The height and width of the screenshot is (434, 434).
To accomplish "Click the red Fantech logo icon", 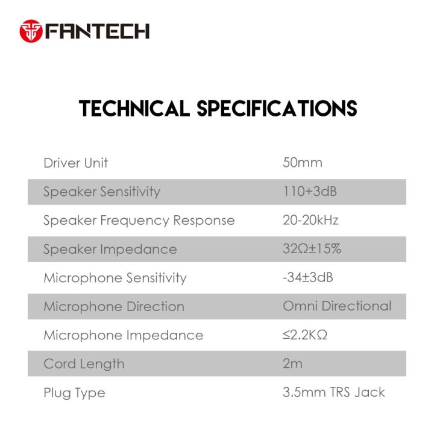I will [x=31, y=31].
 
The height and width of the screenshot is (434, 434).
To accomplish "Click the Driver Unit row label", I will [x=76, y=163].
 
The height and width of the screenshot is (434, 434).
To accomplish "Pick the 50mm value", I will [x=303, y=163].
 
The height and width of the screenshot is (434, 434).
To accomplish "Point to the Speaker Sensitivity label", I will [x=102, y=192].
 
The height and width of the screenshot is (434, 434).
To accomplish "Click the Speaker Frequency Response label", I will [x=139, y=220].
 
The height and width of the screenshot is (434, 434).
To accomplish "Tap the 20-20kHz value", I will [x=310, y=220].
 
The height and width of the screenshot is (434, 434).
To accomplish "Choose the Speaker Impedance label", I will [x=110, y=249].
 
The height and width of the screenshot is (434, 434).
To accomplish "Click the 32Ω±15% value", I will [x=312, y=249].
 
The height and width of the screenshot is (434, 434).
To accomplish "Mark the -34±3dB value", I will [x=309, y=278].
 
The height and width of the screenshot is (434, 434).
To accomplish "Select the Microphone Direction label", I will [x=114, y=306].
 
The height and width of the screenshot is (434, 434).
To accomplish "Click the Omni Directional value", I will [x=337, y=306].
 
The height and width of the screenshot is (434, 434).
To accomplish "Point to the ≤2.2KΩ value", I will [x=305, y=335].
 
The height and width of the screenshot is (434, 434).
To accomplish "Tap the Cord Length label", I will [x=84, y=364].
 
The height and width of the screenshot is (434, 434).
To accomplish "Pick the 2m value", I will [x=293, y=364].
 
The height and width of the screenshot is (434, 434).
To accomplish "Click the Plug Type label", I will [x=74, y=393].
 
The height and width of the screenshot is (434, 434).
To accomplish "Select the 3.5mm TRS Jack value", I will [x=334, y=393].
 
